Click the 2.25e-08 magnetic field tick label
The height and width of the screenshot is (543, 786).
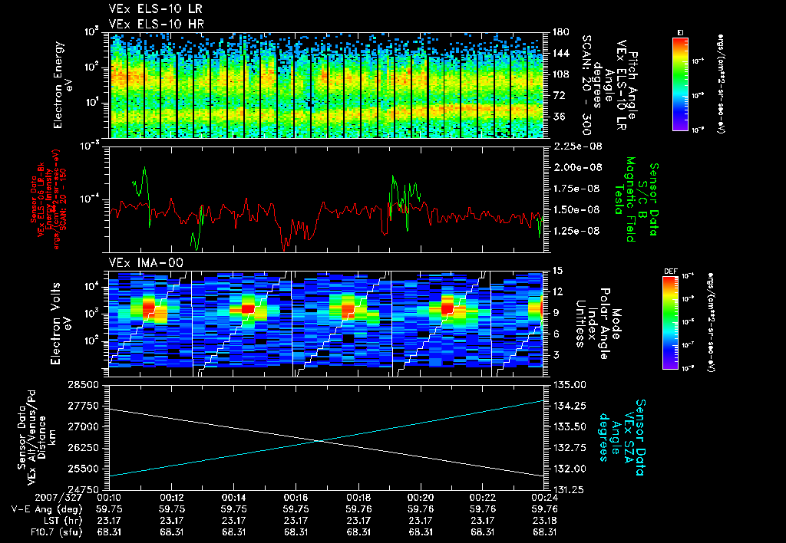(x=575, y=146)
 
